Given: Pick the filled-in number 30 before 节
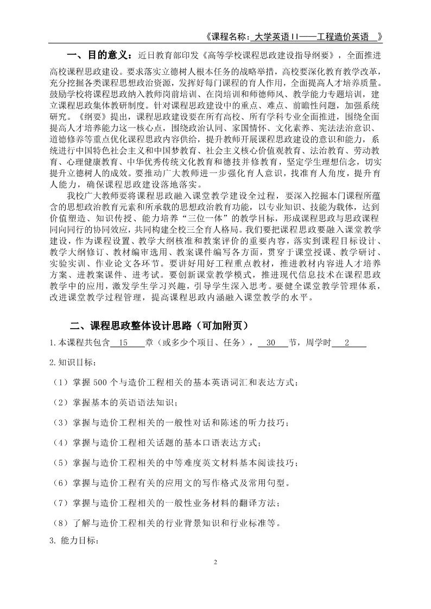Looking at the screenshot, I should pyautogui.click(x=272, y=344).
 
